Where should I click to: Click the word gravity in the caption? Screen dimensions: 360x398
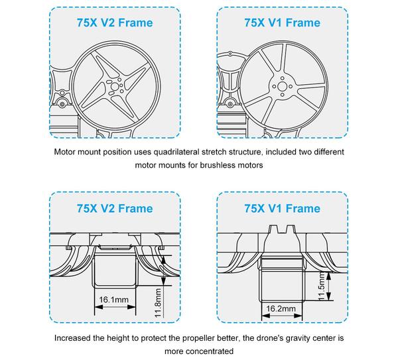[281, 337]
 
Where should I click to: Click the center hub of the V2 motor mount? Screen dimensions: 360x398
[115, 86]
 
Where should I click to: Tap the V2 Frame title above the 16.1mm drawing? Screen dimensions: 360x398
[116, 209]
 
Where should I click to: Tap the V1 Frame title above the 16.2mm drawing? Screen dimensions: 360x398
[282, 209]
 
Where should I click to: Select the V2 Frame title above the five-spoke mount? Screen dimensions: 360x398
[116, 23]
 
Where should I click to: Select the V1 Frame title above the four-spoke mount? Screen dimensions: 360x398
[282, 23]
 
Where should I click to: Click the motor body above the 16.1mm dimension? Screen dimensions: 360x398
[116, 272]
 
